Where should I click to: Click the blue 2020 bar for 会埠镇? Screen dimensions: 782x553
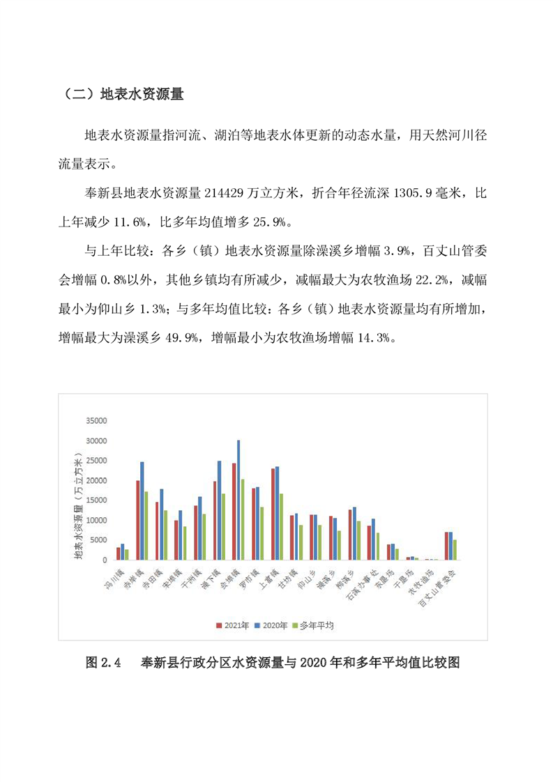point(238,500)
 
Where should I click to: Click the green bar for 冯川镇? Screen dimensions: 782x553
point(126,554)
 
